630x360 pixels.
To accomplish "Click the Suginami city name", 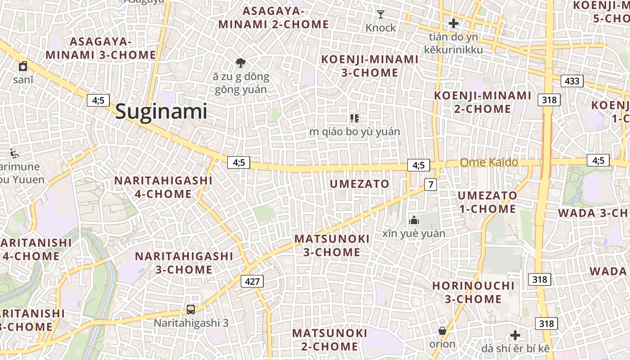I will (161, 112).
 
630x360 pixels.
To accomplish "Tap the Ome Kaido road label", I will (489, 162).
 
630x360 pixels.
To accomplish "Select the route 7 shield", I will (431, 184).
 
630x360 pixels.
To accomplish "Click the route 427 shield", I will (252, 281).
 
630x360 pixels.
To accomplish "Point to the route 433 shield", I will (572, 81).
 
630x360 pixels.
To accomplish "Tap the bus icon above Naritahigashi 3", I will (191, 310).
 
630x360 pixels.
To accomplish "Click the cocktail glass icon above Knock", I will (381, 14).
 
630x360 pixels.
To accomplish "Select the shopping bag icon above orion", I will (442, 331).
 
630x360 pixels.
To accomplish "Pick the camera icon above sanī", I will (23, 67).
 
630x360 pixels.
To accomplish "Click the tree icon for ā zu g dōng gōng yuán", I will (241, 63).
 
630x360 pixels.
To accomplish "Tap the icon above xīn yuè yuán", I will (414, 220).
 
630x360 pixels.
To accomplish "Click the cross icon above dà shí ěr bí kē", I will (515, 335).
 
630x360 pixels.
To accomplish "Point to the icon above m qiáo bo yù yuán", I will (355, 118).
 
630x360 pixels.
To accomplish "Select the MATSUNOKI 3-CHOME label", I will (332, 245).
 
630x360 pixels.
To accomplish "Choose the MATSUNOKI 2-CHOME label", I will (330, 340).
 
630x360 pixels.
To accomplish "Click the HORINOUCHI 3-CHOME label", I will (473, 292).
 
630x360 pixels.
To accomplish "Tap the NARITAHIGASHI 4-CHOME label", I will (163, 187).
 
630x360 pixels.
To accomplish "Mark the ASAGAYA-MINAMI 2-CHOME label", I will (274, 17).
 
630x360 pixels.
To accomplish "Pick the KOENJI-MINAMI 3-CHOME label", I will (369, 66).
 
